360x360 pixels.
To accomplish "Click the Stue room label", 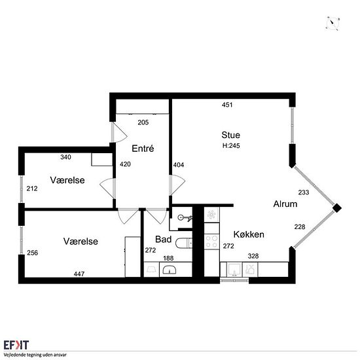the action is tap(231, 135).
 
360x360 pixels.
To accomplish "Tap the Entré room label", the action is tap(143, 149).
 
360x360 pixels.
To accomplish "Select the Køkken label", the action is tap(249, 234).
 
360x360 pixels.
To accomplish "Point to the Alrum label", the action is tap(285, 204).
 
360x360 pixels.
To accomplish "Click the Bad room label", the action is tap(163, 239).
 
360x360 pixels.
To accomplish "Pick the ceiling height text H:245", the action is tap(231, 145).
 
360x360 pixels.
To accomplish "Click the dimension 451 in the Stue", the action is tap(227, 105).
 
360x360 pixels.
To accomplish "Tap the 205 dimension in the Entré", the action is tap(143, 122).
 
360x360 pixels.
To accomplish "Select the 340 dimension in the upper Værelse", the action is tap(65, 157).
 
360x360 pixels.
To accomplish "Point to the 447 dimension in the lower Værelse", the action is tap(79, 274).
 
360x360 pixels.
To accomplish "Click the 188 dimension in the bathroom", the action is tap(168, 259).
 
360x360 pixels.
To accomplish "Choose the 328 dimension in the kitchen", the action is tap(253, 256).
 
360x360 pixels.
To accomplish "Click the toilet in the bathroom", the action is tap(184, 243).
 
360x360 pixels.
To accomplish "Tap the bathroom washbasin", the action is tap(170, 270).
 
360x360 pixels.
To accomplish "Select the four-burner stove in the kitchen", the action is tap(211, 242).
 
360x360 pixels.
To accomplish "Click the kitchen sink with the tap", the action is tap(234, 270).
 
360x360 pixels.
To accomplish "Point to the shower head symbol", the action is tap(185, 217).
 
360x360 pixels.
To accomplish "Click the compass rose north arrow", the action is tap(333, 23).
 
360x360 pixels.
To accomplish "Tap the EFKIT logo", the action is tap(16, 345).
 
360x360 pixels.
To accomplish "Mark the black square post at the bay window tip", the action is tap(337, 208).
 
